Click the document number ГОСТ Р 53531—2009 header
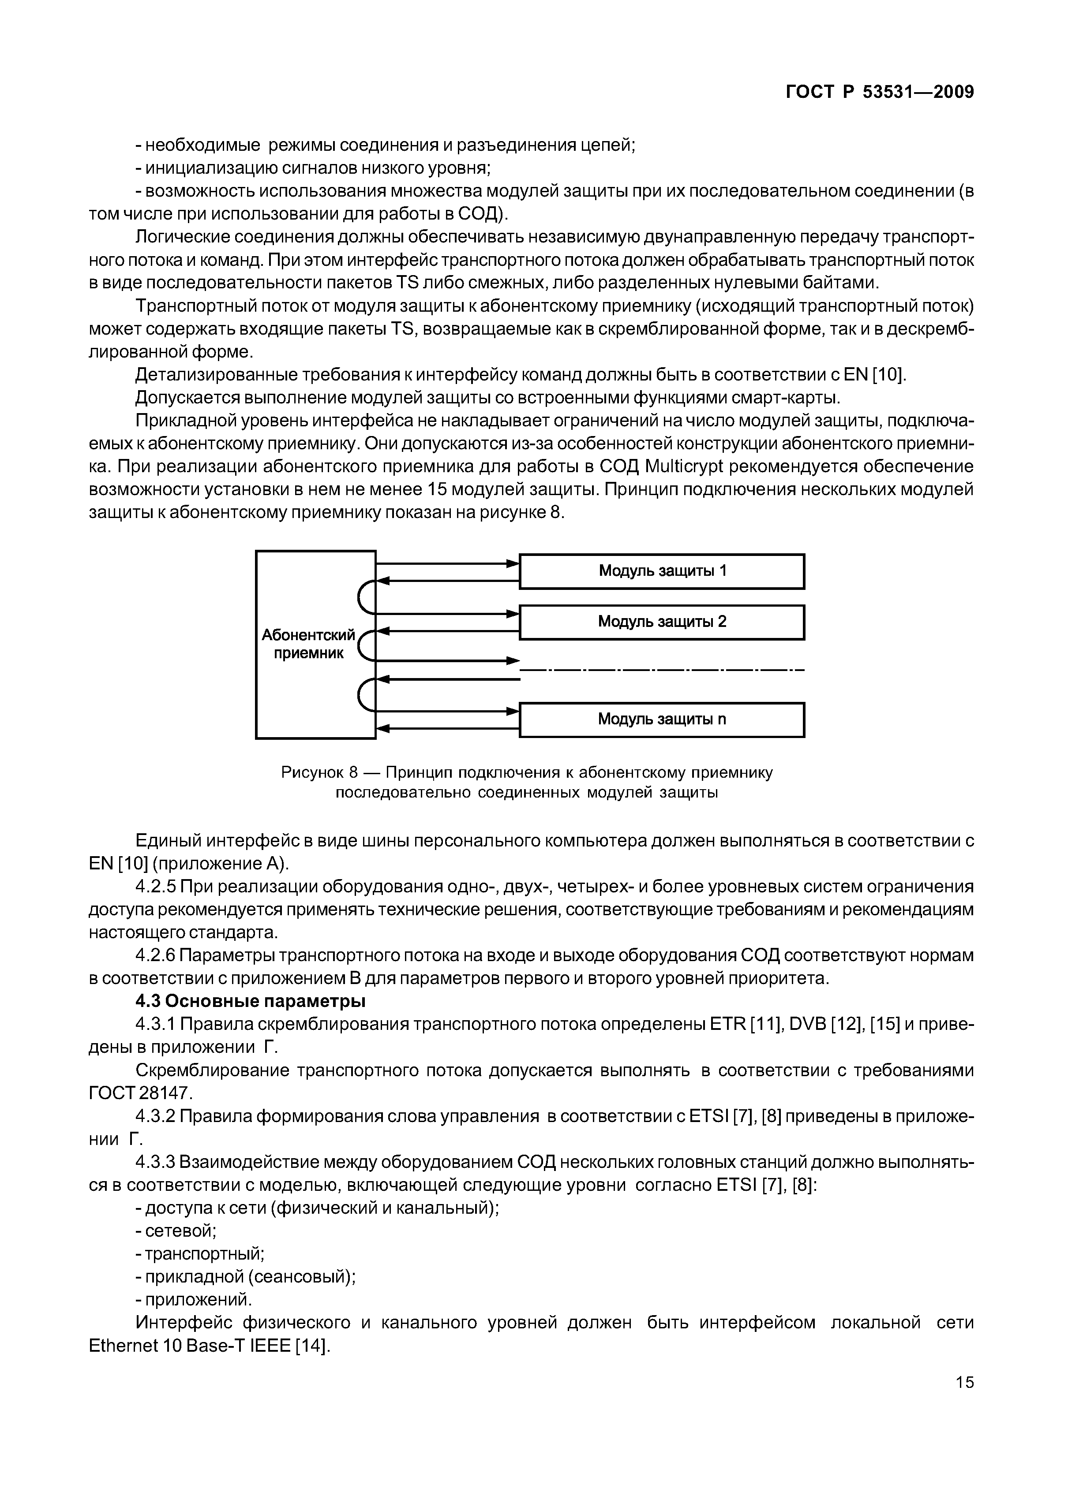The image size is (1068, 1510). pos(880,92)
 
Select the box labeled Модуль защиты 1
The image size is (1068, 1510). pos(662,571)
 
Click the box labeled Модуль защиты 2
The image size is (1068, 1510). pos(662,622)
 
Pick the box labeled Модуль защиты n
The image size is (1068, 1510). pos(662,720)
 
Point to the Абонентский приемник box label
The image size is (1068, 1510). pos(308,644)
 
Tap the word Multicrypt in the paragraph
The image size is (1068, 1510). pos(684,467)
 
